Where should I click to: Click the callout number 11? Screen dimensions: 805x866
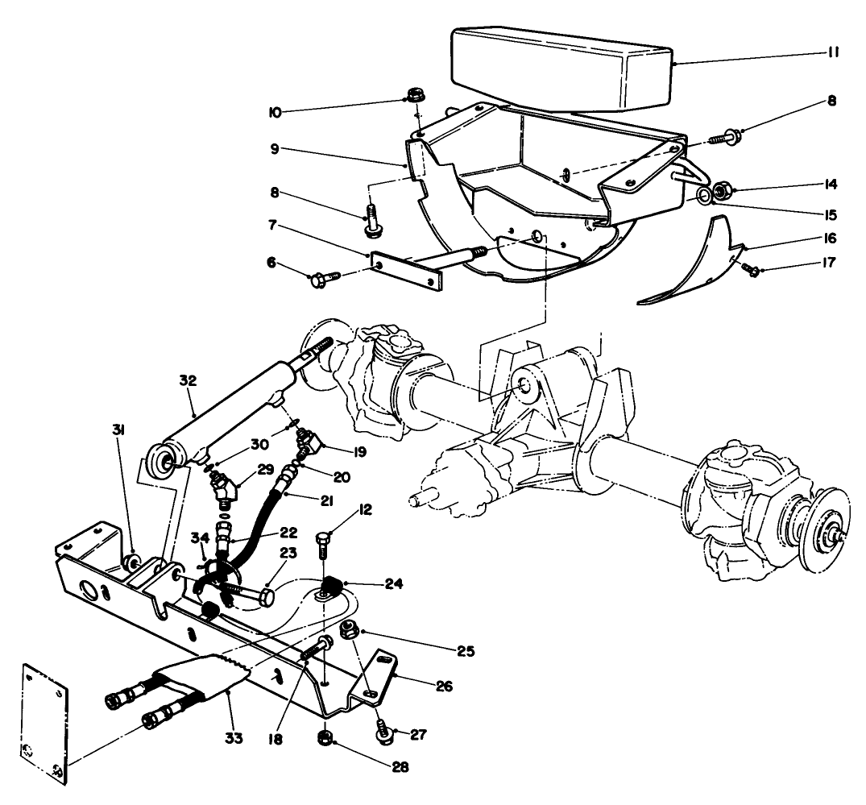coord(832,53)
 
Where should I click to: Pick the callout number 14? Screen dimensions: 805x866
coord(832,184)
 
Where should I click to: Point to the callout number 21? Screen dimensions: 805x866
coord(326,501)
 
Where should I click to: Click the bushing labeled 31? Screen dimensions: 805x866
coord(135,560)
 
